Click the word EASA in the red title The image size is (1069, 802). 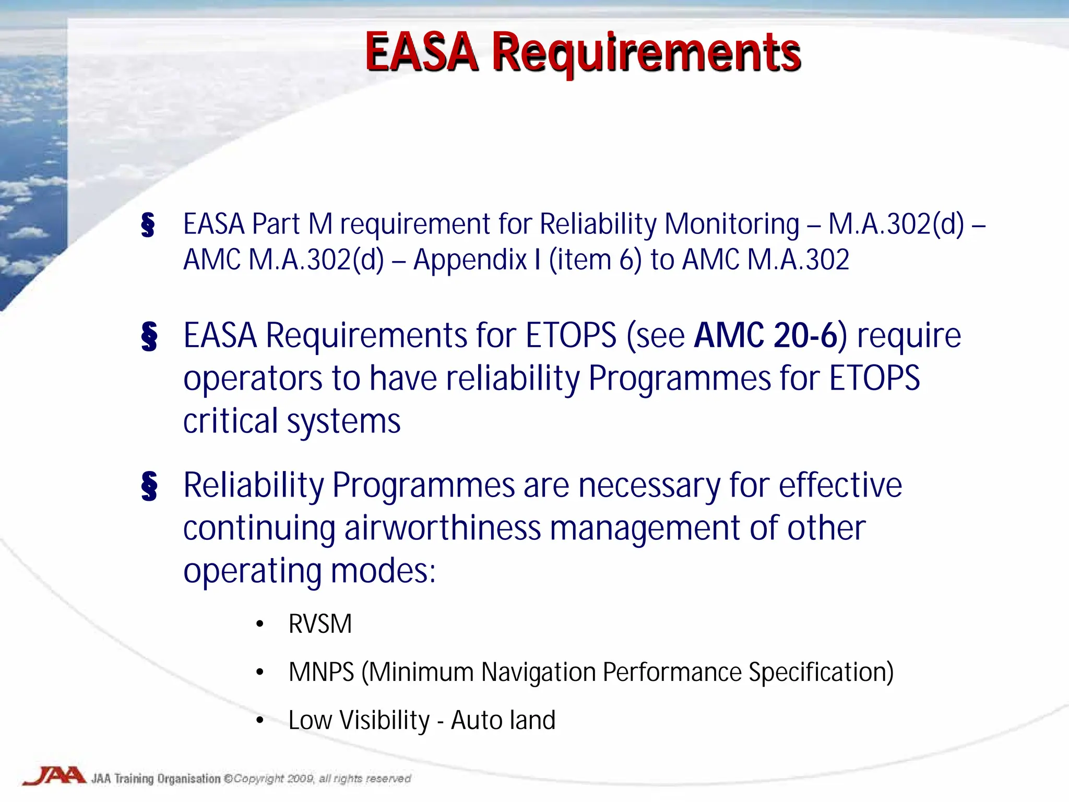421,52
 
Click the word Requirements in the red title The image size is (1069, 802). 646,53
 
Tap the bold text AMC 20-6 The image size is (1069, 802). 765,335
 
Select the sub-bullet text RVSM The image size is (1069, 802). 320,624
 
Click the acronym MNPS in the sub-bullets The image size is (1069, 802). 321,672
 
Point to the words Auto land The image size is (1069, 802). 503,720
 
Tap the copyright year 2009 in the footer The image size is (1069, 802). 300,779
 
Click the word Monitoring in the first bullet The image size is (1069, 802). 732,224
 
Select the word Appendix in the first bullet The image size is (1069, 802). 470,260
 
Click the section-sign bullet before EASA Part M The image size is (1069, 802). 148,225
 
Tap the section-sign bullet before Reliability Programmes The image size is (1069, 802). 149,486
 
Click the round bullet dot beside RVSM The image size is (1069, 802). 260,624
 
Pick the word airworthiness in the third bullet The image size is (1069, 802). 442,528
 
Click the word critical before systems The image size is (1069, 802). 230,421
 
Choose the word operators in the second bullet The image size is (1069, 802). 253,379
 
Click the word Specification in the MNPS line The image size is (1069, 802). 821,672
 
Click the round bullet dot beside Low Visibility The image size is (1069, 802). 260,721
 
